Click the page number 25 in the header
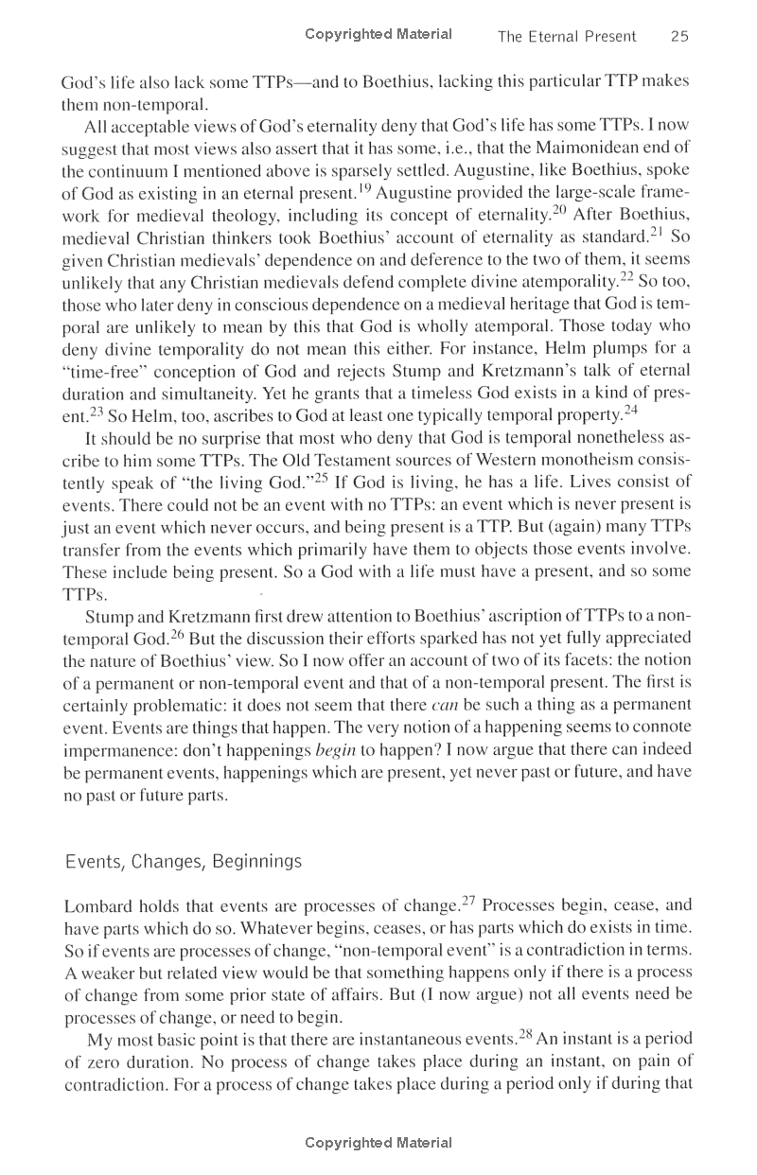678,37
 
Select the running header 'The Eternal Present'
567,37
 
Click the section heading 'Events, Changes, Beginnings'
183,861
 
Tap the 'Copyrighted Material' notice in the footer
378,1143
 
